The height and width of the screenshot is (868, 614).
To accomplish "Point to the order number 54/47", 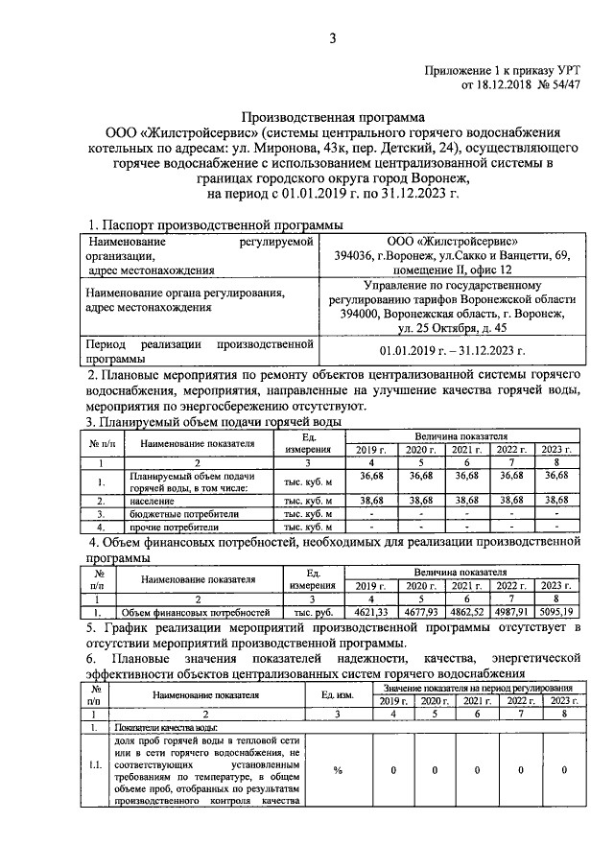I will [560, 85].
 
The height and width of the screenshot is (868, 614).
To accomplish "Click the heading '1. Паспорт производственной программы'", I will [214, 223].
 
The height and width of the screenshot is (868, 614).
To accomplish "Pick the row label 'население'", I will [149, 501].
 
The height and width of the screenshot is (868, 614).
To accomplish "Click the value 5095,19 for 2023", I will [556, 611].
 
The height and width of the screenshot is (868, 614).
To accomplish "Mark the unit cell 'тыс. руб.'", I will [311, 611].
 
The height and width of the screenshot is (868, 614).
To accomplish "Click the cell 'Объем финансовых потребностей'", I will [194, 611].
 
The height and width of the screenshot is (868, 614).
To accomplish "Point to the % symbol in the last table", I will [338, 769].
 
